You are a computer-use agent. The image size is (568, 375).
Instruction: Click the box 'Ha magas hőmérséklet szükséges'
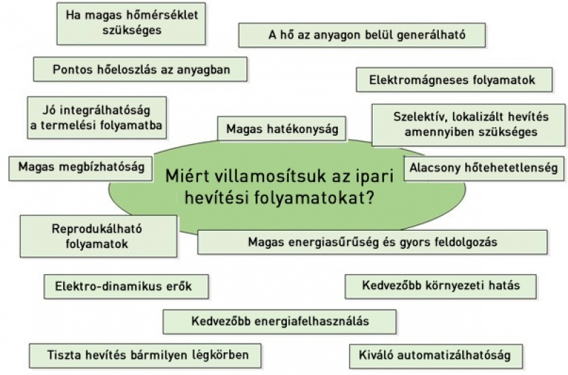(x=131, y=23)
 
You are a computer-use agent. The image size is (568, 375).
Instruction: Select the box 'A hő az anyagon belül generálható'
(x=362, y=35)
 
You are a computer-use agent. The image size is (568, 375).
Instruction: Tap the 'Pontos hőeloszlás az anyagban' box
(x=140, y=69)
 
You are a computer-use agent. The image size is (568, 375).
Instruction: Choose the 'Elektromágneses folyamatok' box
(x=454, y=80)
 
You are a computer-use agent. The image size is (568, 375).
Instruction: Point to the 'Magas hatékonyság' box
(x=282, y=129)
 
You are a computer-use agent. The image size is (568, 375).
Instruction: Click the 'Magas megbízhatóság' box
(x=80, y=168)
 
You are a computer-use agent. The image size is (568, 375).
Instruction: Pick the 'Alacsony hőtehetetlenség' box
(x=484, y=168)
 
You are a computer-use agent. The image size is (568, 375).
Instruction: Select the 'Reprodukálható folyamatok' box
(x=99, y=237)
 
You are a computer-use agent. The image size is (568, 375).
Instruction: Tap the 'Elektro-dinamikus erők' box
(x=126, y=287)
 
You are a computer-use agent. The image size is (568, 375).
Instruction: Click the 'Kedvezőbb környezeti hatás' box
(x=440, y=286)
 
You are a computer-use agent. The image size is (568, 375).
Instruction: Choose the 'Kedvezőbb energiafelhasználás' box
(x=280, y=321)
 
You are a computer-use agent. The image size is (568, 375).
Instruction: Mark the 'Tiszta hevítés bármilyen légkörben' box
(x=146, y=355)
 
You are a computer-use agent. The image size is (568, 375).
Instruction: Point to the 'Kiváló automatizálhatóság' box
(x=436, y=356)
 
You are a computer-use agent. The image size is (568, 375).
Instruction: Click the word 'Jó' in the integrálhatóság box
(x=48, y=110)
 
